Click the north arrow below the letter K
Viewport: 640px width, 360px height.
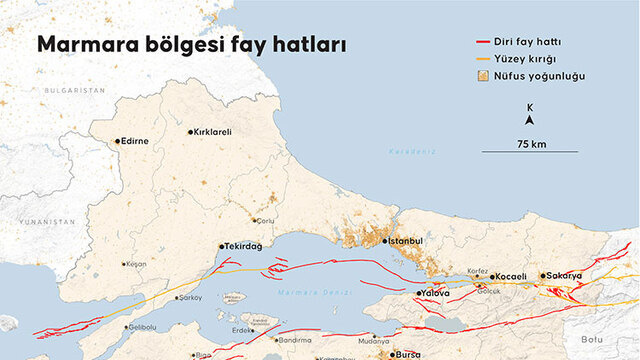530,120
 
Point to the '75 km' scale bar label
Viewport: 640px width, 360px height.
531,144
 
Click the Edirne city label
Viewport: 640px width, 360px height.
135,141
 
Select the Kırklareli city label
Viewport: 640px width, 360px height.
211,132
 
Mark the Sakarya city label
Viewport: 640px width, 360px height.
564,275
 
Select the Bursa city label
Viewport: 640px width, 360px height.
409,354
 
